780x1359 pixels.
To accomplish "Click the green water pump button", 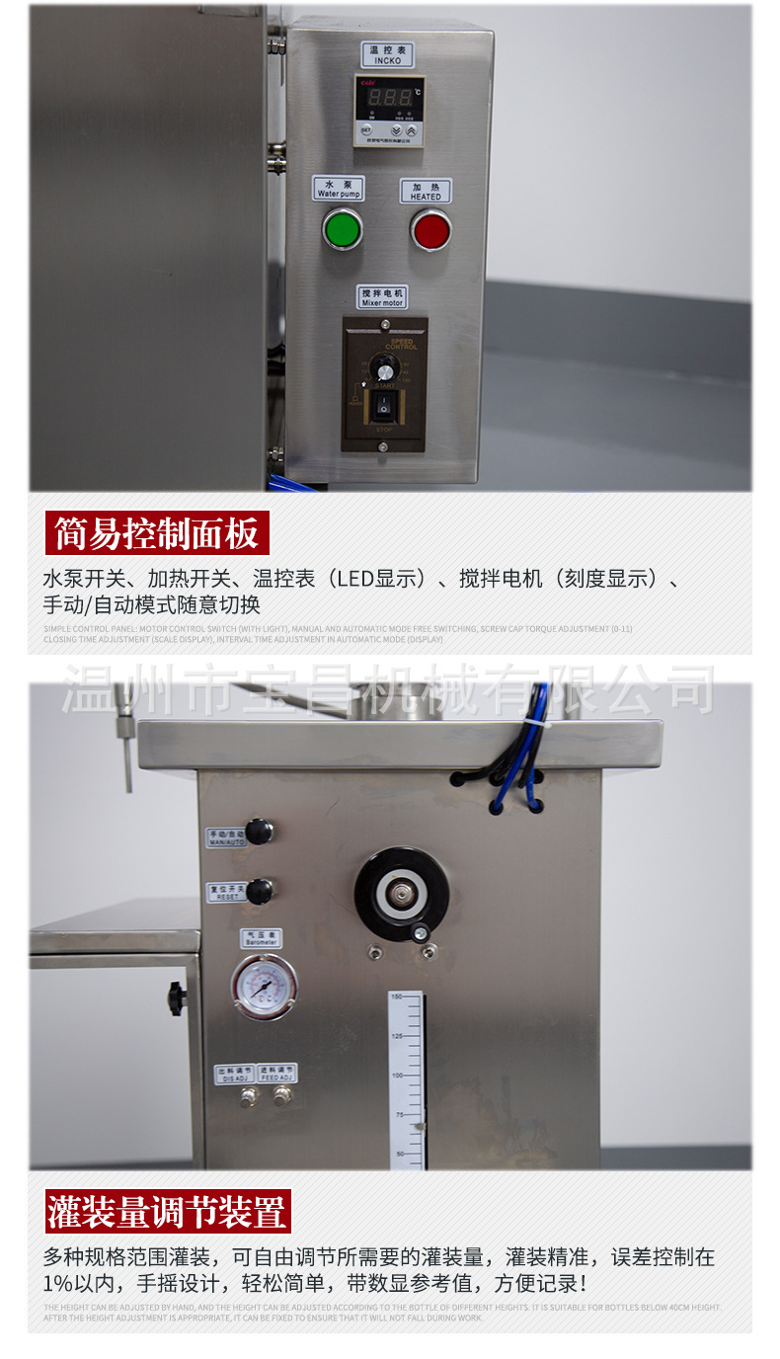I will pos(342,230).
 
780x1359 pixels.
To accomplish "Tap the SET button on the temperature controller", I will pos(366,129).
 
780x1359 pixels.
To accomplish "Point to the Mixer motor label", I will pos(381,297).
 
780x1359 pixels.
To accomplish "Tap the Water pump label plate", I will pos(339,189).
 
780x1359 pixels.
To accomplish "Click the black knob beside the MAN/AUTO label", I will pos(260,832).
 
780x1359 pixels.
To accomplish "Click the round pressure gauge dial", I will pos(264,986).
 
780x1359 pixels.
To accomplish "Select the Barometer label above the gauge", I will pos(260,938).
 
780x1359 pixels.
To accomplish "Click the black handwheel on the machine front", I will pos(401,894).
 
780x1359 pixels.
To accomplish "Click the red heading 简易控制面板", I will pos(157,534).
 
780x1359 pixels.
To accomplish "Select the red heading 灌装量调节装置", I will pos(168,1211).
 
